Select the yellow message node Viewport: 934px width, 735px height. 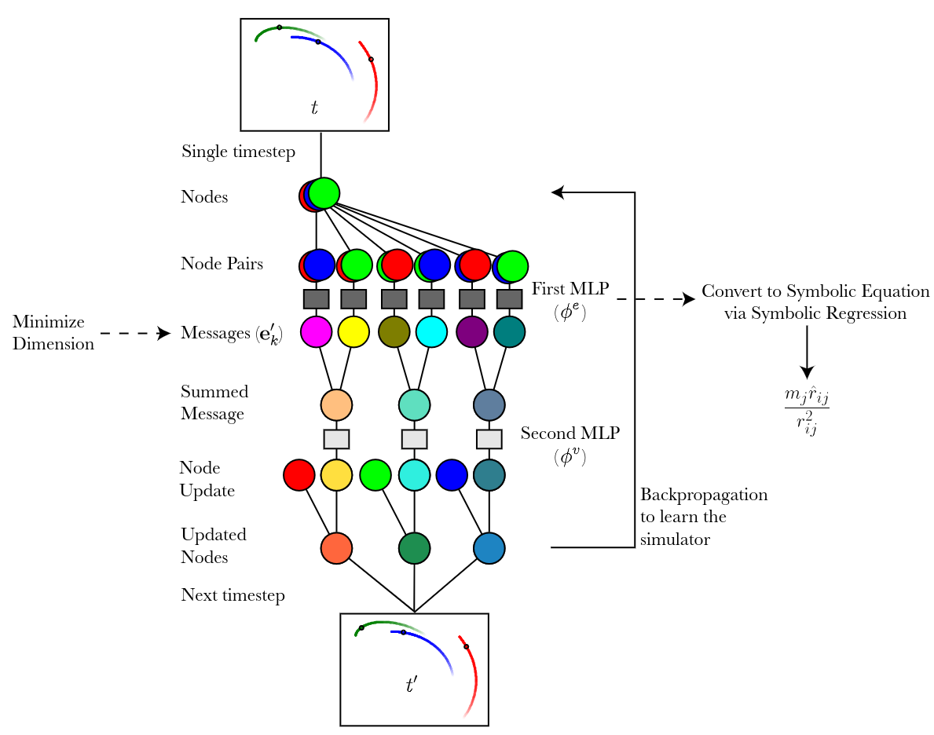click(353, 332)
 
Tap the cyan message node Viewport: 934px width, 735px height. click(430, 332)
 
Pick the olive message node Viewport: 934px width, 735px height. click(394, 332)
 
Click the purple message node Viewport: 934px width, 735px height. click(471, 332)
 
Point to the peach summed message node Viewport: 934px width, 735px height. click(336, 405)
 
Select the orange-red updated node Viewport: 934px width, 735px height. click(336, 547)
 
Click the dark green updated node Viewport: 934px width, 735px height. click(414, 547)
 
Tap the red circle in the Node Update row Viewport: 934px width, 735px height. click(299, 475)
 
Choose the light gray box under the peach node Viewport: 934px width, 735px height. click(336, 438)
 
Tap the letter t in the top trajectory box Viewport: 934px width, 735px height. click(314, 108)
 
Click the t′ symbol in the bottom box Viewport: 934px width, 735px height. click(411, 685)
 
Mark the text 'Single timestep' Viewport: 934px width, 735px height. click(238, 152)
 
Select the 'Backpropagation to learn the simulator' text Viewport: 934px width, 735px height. click(703, 517)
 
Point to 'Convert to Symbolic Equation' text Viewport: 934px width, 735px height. click(815, 291)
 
